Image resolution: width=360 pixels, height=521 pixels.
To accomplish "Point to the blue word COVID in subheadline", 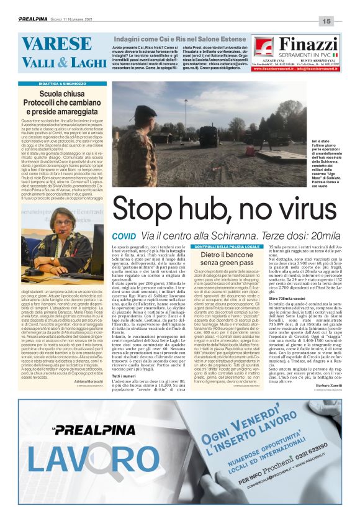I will coord(124,237).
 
